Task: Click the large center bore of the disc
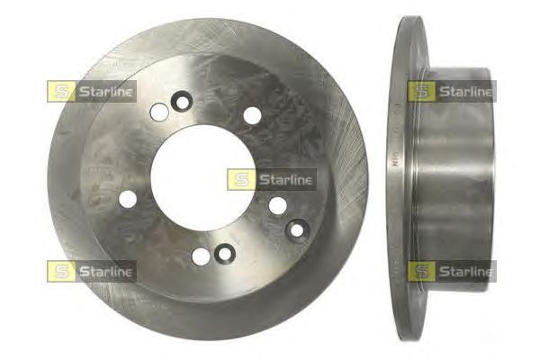[202, 178]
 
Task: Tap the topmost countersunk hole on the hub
[182, 102]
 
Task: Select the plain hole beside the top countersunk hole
[159, 112]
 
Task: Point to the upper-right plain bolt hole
[252, 115]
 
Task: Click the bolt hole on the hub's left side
[128, 199]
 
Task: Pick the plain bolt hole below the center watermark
[277, 205]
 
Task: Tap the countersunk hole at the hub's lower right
[297, 229]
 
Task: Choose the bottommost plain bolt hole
[201, 256]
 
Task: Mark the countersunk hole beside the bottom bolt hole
[224, 254]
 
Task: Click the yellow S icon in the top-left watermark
[61, 92]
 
